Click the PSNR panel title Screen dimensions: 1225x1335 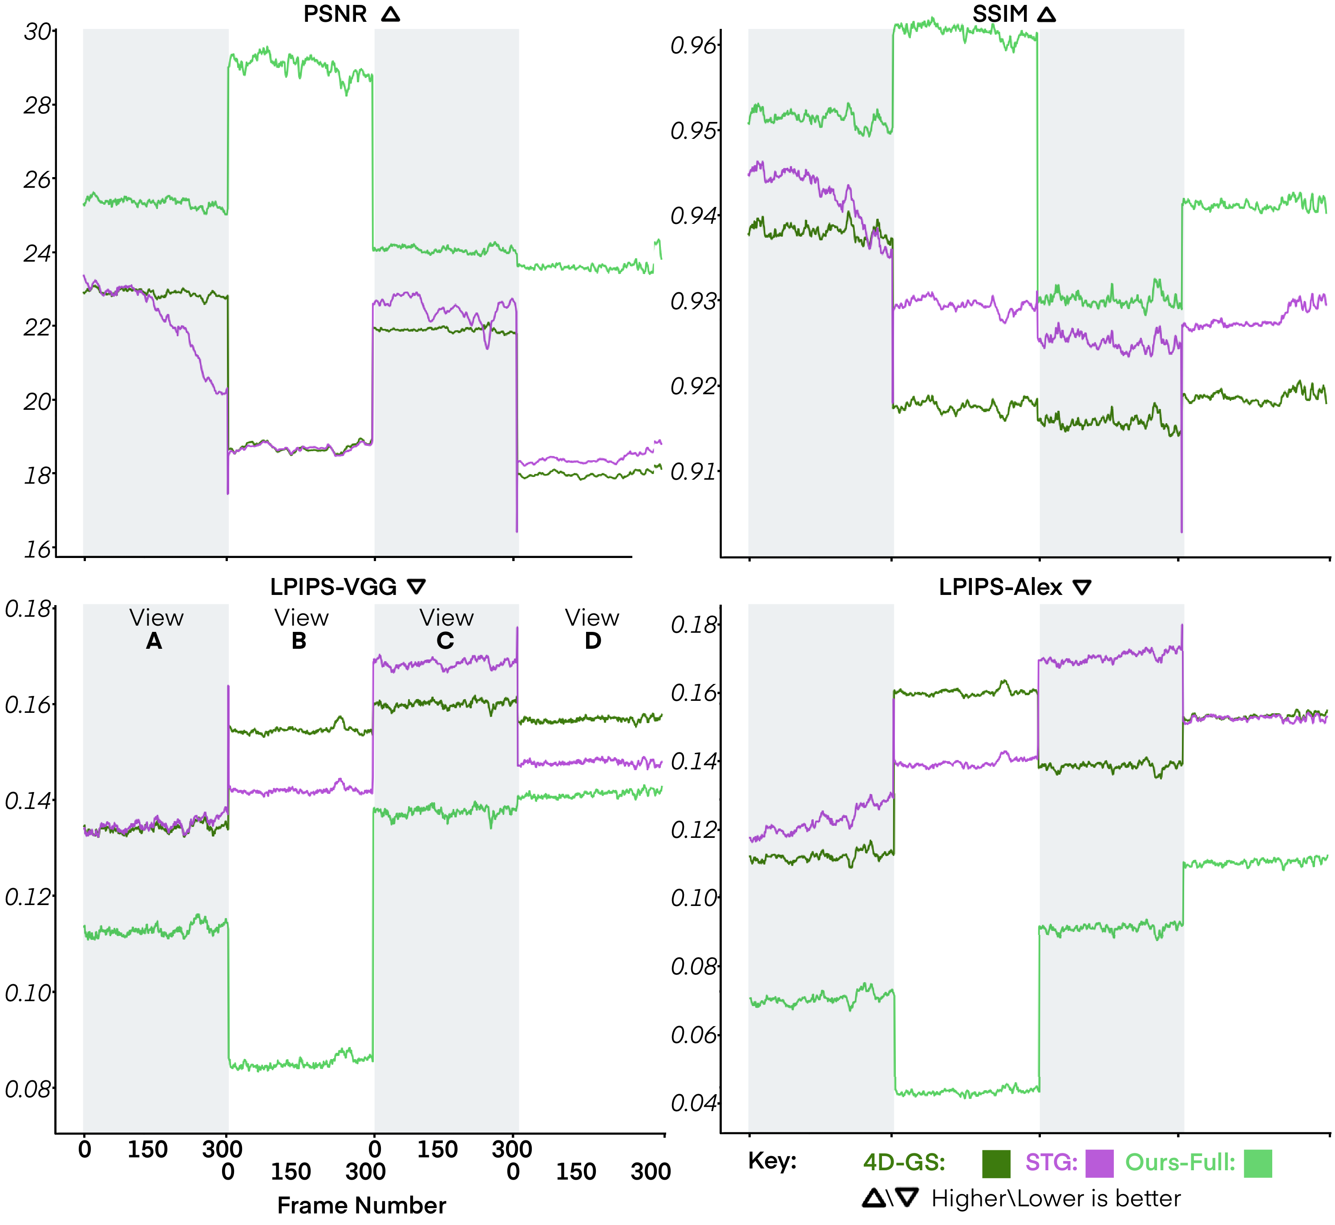[335, 14]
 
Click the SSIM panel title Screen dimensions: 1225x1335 [999, 14]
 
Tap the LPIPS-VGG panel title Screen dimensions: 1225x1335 [333, 586]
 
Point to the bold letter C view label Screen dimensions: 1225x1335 [445, 640]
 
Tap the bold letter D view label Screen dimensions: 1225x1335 [593, 640]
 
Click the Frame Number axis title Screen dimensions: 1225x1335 [361, 1205]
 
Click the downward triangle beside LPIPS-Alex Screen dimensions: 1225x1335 [1082, 587]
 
